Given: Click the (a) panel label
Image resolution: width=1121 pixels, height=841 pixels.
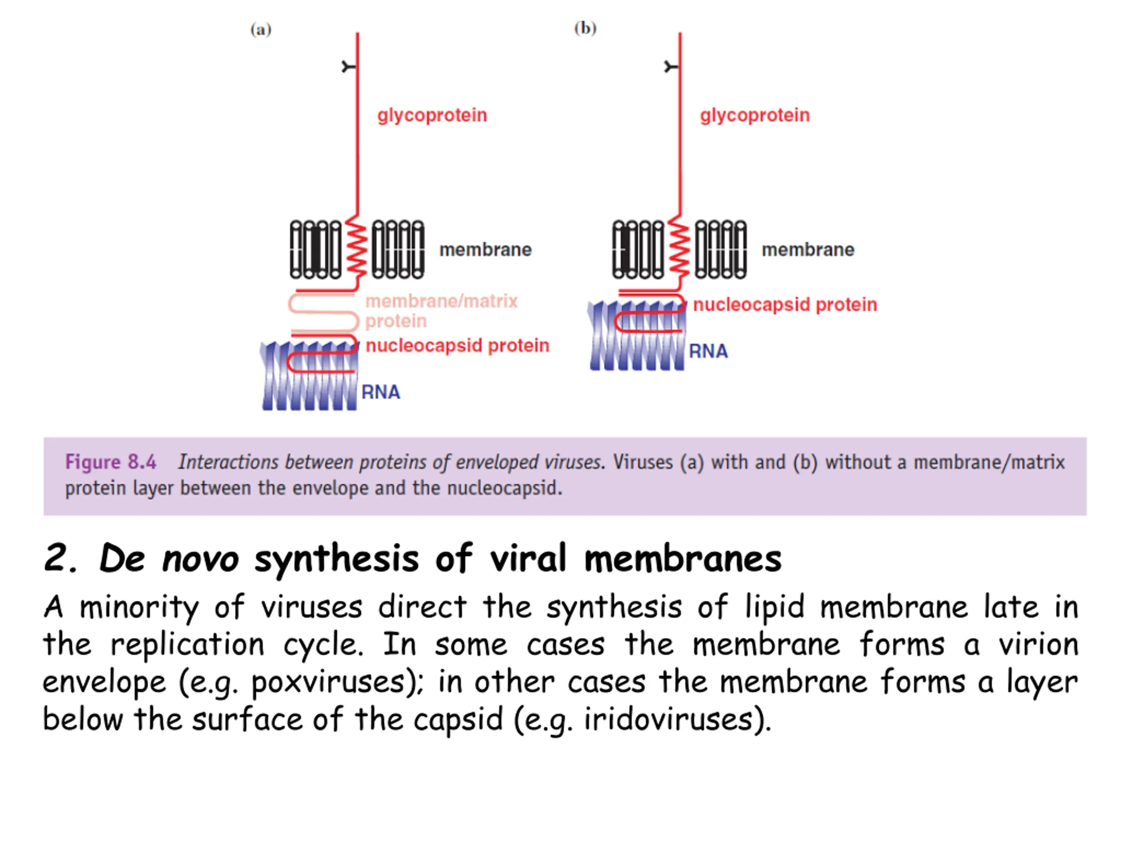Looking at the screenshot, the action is [261, 29].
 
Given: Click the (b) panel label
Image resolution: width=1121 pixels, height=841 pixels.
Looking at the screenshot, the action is [585, 28].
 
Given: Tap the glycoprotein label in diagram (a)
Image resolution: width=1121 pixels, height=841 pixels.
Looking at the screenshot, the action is [432, 116].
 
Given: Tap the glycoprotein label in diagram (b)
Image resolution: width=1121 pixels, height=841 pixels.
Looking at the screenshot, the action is [754, 116].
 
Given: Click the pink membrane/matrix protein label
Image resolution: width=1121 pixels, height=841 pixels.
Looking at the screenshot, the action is [441, 311].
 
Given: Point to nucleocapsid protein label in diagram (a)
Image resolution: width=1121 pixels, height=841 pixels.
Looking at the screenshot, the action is [457, 346].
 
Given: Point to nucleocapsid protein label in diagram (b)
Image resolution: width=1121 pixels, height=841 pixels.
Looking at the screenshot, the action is [785, 305].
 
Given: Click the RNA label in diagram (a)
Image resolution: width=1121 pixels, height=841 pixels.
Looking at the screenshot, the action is [381, 392].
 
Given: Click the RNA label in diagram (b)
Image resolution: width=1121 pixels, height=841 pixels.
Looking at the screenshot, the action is [708, 351].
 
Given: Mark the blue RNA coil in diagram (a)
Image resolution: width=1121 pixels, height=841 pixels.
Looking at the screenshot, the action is [309, 376].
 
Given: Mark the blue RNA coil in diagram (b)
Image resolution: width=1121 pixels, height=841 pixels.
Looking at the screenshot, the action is [637, 335].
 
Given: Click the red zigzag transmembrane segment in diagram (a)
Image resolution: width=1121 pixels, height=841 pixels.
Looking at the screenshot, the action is [356, 249].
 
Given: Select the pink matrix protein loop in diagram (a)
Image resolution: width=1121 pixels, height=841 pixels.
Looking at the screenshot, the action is [323, 313].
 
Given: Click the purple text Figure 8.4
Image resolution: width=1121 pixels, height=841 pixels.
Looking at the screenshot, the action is [110, 462].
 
